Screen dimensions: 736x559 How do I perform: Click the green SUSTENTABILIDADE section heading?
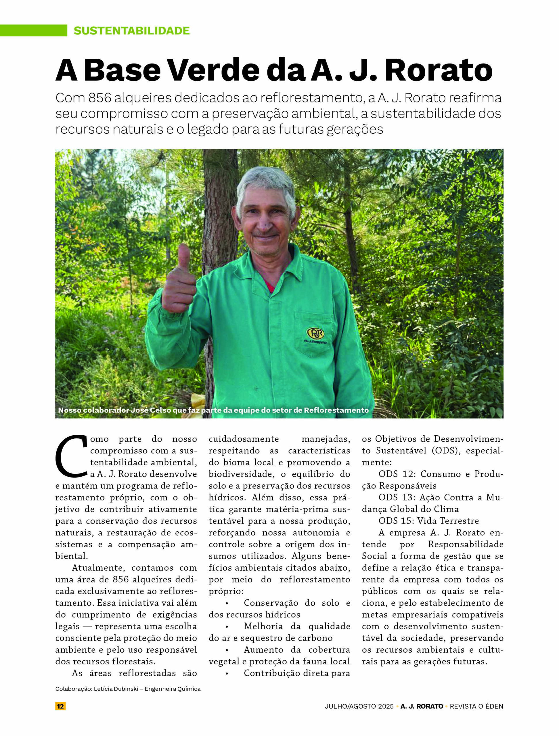pos(131,30)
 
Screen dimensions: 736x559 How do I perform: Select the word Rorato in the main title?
pos(438,70)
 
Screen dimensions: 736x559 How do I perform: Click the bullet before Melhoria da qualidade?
pos(227,626)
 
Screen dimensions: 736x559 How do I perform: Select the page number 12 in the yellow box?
pos(60,706)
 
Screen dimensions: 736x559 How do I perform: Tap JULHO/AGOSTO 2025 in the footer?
pos(359,706)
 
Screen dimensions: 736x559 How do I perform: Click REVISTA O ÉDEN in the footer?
pos(476,706)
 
